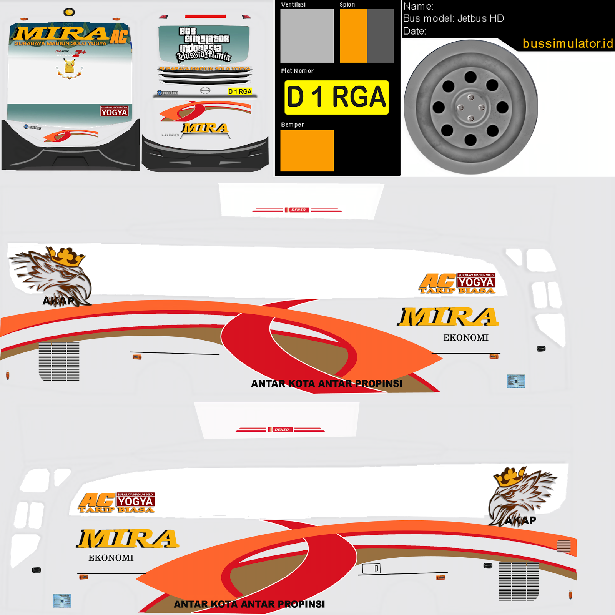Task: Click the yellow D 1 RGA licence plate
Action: [x=336, y=97]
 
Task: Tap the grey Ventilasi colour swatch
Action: [x=307, y=36]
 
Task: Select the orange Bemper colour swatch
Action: [x=307, y=150]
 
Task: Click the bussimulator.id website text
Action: [x=567, y=43]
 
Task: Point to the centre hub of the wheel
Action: [x=470, y=107]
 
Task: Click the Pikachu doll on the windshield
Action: [x=69, y=66]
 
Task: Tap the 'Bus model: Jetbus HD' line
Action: [x=453, y=18]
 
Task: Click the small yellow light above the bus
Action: [x=69, y=12]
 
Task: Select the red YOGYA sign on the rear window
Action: [x=114, y=111]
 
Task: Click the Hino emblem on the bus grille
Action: [x=205, y=90]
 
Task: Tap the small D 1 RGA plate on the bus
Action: [x=240, y=91]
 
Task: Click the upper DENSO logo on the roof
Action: [x=298, y=210]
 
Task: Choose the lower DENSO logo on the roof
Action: [x=281, y=430]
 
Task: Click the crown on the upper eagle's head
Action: [x=67, y=256]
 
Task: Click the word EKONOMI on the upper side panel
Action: [x=465, y=337]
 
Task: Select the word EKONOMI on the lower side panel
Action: [x=111, y=558]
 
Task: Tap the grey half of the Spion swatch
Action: [x=381, y=36]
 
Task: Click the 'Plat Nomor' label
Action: [x=297, y=71]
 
